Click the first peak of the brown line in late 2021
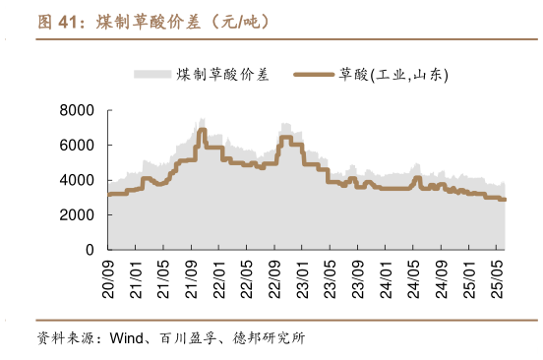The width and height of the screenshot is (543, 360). (x=202, y=130)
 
